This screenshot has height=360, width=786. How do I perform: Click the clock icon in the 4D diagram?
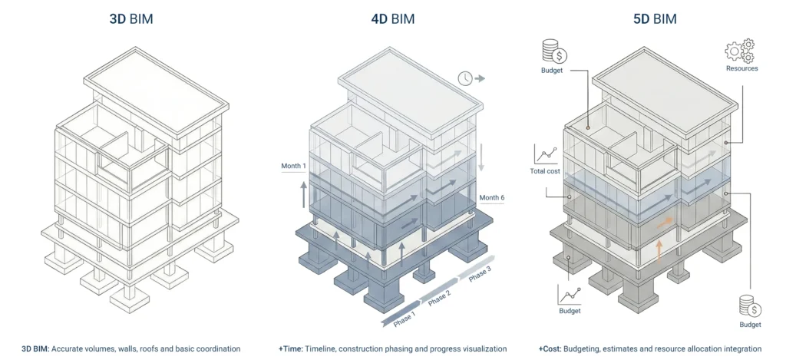(464, 78)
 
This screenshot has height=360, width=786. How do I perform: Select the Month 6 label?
(492, 197)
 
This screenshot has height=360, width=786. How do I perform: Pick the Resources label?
(741, 68)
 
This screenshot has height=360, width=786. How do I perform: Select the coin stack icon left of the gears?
(553, 51)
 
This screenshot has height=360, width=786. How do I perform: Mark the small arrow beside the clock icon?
(481, 78)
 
